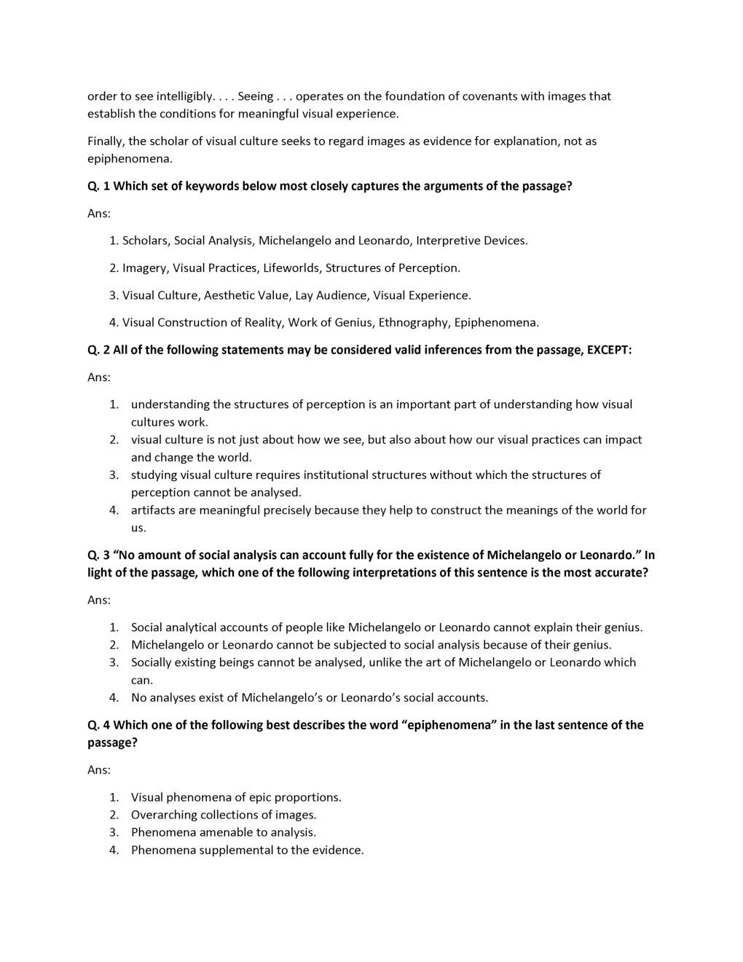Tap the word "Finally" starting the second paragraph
pos(106,141)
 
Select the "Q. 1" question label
pos(98,186)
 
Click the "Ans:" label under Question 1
pos(99,214)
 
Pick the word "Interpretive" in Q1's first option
pos(449,240)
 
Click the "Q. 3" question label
pos(98,555)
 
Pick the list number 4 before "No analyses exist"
pos(114,697)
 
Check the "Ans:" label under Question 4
pos(99,770)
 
